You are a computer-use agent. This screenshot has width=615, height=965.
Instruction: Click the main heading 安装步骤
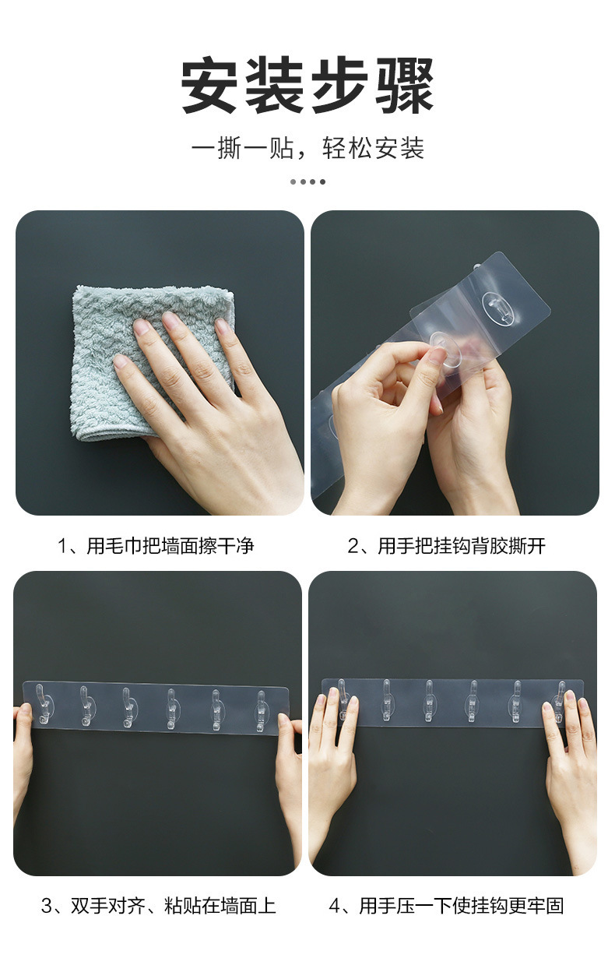307,85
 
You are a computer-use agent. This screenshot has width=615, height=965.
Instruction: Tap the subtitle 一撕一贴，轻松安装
307,147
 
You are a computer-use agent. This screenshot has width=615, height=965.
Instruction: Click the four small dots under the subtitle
307,181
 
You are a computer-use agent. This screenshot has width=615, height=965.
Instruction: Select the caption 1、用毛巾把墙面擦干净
156,545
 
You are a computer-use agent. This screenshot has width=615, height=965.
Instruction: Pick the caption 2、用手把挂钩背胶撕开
446,545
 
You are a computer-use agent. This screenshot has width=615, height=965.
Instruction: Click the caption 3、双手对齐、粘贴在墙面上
158,906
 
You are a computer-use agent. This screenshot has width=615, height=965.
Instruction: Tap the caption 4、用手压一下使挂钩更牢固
446,906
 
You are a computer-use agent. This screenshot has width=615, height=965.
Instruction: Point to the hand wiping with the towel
210,405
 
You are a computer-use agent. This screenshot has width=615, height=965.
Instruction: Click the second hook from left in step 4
385,699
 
